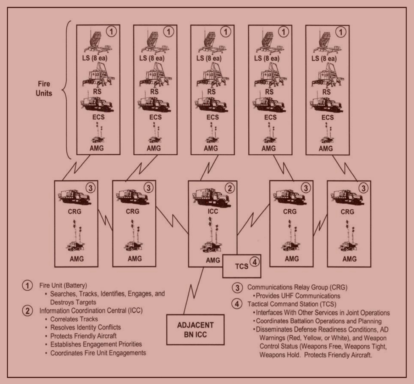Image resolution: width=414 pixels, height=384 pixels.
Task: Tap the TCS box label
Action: point(242,267)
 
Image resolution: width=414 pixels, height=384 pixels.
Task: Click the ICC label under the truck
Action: point(213,212)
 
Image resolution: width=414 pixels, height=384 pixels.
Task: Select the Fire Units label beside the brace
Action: point(44,88)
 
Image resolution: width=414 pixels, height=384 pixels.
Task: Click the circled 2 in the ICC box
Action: point(230,188)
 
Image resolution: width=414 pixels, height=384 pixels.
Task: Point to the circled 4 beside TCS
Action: point(254,262)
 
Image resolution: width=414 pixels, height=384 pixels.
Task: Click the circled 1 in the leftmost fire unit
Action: point(111,32)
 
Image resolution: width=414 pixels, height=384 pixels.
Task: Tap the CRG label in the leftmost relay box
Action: point(74,212)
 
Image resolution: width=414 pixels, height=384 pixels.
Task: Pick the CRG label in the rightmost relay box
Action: point(347,212)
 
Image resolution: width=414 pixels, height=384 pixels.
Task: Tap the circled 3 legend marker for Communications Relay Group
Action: point(237,287)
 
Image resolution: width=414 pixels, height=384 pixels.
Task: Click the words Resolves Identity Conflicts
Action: point(85,328)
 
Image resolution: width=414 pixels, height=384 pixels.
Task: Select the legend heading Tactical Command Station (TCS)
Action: point(292,304)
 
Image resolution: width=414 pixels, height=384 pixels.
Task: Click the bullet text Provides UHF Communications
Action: point(298,296)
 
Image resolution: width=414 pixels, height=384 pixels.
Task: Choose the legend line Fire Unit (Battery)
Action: point(63,285)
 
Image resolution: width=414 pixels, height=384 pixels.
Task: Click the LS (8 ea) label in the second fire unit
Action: point(152,58)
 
